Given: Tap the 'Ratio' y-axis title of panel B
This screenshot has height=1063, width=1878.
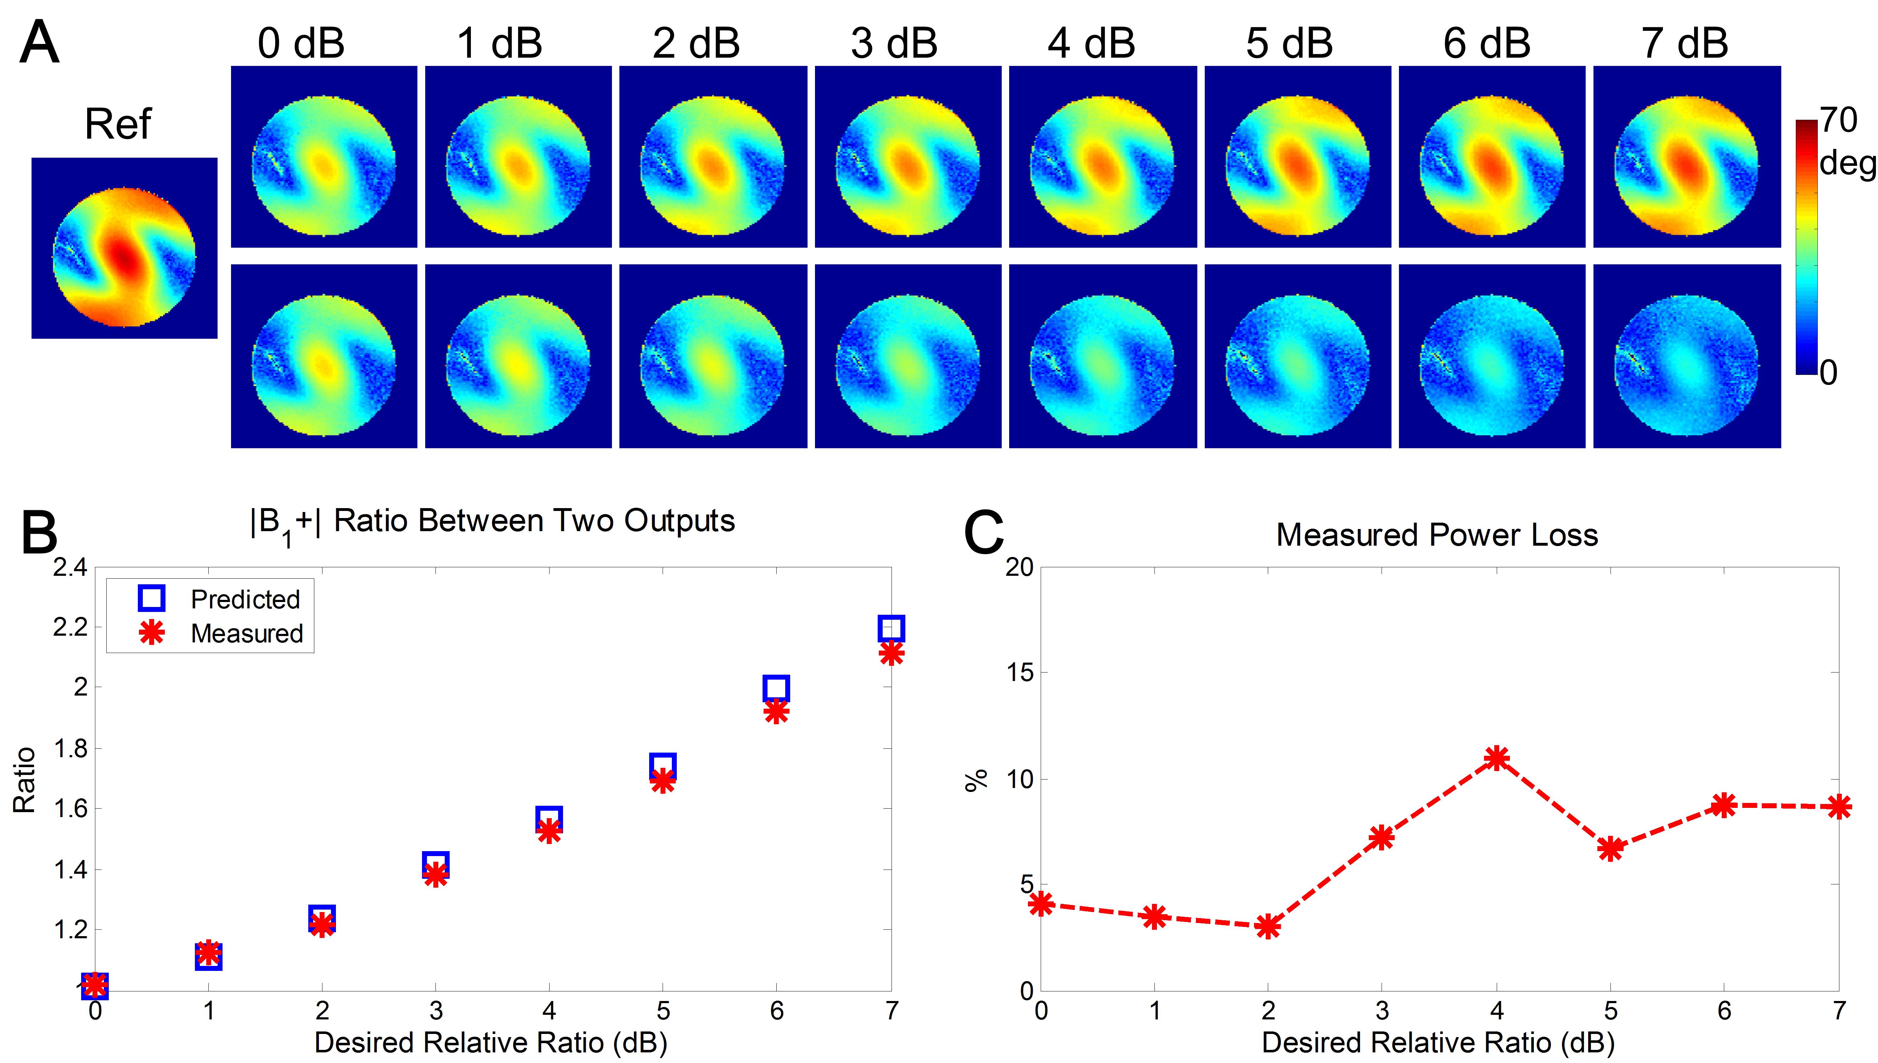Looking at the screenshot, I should click(x=24, y=780).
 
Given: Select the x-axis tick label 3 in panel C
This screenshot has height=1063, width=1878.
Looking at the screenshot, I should click(x=1382, y=1011).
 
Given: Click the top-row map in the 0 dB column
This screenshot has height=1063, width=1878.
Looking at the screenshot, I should click(x=324, y=157).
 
